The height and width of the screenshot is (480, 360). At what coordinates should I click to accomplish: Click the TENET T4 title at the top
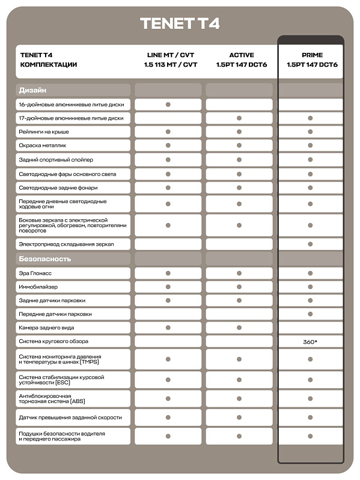180,23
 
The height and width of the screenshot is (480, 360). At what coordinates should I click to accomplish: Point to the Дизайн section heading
32,90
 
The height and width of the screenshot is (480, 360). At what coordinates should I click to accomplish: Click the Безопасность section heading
45,259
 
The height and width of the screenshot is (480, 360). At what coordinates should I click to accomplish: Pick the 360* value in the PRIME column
310,341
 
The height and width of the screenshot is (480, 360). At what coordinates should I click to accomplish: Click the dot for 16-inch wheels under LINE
168,105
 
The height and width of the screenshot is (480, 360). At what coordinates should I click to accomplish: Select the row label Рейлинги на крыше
44,132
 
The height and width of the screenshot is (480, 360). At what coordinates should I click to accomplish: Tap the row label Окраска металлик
42,146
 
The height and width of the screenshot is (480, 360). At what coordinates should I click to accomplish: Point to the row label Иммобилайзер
39,287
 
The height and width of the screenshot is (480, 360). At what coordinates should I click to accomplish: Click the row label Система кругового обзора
53,341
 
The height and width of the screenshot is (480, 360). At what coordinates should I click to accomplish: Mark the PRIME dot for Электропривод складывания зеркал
310,244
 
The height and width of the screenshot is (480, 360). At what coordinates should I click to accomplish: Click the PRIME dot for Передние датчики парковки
310,314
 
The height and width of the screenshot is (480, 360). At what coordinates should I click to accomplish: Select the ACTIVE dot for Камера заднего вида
239,327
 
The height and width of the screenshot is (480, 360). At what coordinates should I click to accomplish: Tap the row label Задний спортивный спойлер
56,160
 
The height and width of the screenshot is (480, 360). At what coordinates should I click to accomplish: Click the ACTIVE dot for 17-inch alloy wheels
239,118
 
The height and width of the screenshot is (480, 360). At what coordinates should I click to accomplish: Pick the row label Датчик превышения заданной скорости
70,418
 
